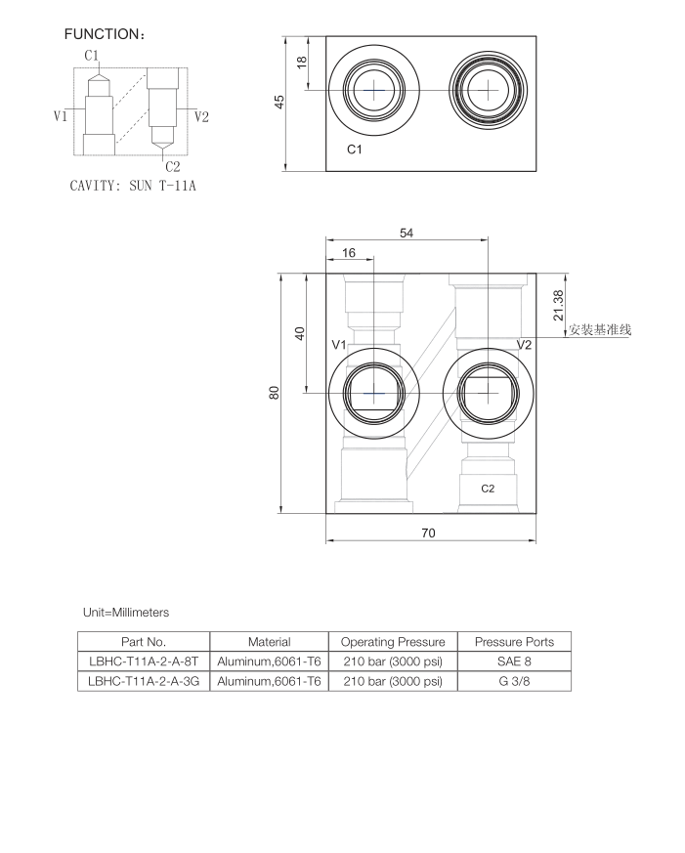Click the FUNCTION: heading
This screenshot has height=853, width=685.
tap(105, 34)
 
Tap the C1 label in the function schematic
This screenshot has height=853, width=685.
tap(92, 55)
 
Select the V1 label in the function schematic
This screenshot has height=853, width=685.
tap(61, 116)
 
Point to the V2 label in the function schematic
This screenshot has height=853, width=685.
tap(202, 116)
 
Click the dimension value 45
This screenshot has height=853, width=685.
tap(280, 103)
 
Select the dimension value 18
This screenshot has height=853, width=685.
tap(302, 62)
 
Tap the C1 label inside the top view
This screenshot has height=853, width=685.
tap(355, 149)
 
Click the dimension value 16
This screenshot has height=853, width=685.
tap(349, 253)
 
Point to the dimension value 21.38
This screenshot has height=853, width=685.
tap(557, 305)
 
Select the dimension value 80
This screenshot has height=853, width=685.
tap(276, 392)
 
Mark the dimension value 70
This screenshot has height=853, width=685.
tap(428, 533)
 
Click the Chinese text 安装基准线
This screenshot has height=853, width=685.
tap(600, 329)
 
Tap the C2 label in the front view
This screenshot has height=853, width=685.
tap(487, 488)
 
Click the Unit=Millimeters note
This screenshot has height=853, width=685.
tap(126, 613)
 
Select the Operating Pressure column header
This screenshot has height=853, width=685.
tap(393, 642)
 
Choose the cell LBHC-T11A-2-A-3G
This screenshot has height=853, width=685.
tap(144, 681)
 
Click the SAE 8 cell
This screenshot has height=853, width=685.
tap(514, 661)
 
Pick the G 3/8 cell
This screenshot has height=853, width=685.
tap(514, 681)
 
